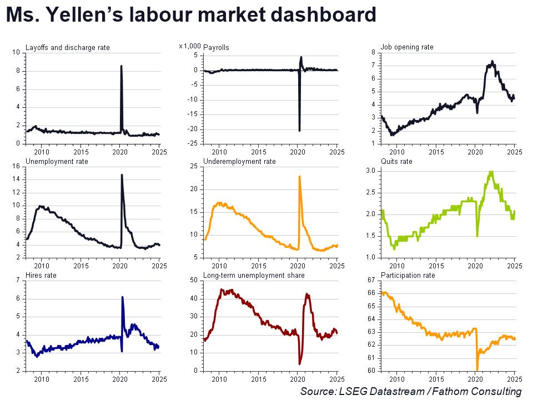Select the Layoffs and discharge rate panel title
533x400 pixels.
point(68,48)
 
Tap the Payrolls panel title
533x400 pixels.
point(217,48)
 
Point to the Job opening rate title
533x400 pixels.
point(407,47)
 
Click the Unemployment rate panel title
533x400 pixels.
point(57,161)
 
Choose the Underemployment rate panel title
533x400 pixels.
point(239,161)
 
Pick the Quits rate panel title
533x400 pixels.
point(396,161)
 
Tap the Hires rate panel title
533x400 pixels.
point(41,275)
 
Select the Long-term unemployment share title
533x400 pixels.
point(245,275)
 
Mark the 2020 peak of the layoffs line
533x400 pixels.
point(121,66)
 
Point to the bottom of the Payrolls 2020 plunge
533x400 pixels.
point(299,131)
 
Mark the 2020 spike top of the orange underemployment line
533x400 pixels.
point(300,177)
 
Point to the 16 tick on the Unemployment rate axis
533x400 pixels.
point(16,166)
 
